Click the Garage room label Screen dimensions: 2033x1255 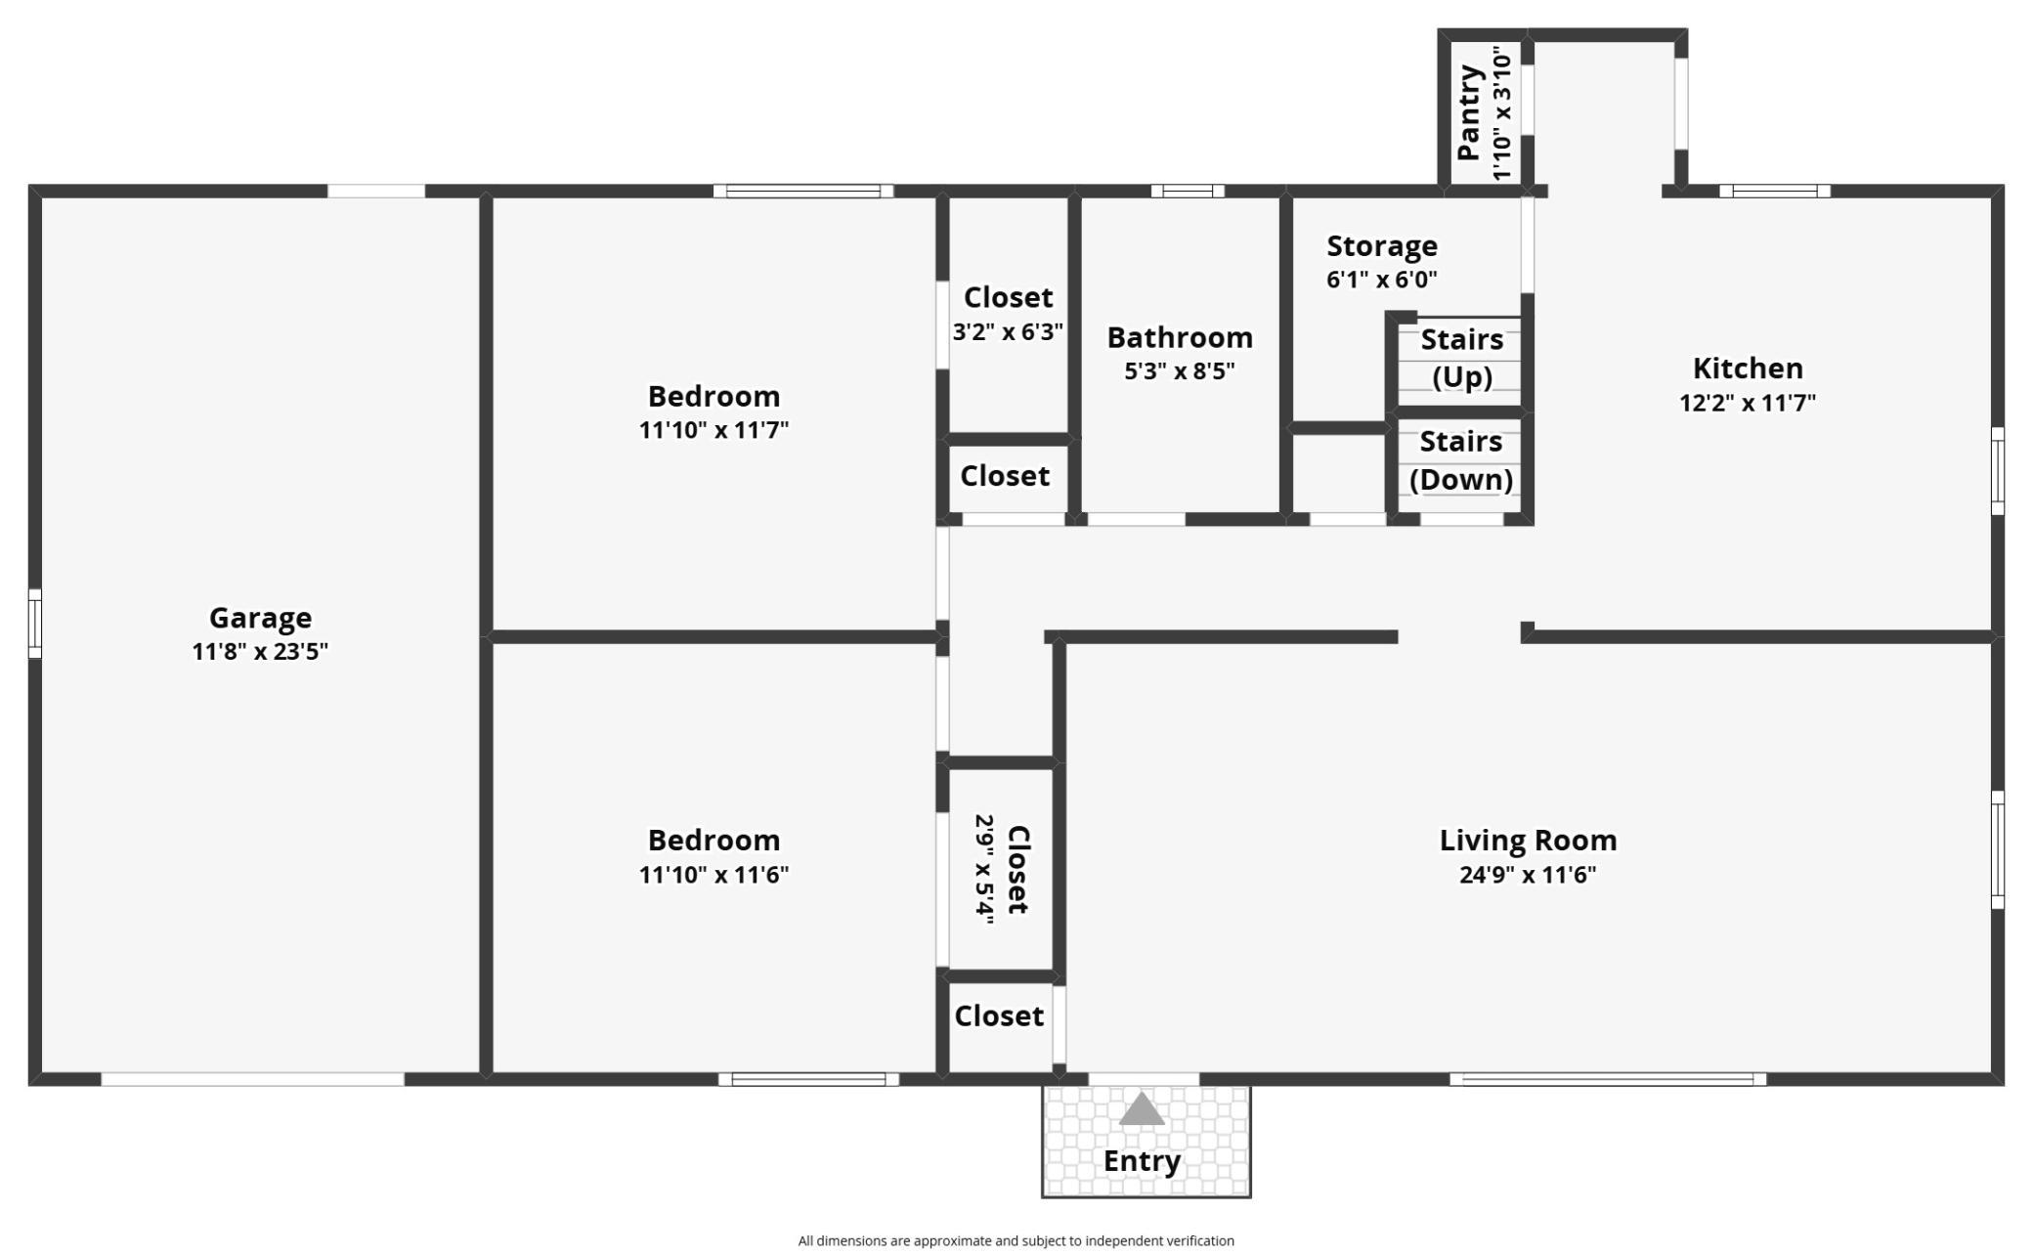[x=260, y=618]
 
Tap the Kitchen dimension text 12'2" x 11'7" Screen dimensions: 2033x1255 [x=1748, y=403]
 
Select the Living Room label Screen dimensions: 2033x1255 [x=1528, y=841]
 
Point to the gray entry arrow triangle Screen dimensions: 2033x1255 [x=1142, y=1108]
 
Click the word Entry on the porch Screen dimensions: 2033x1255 [x=1142, y=1161]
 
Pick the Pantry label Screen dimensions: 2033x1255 [x=1469, y=112]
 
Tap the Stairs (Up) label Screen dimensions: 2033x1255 [x=1462, y=358]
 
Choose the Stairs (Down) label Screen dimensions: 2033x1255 [x=1461, y=460]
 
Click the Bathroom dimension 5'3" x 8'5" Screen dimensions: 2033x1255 [x=1180, y=371]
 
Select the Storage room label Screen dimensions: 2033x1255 [x=1382, y=245]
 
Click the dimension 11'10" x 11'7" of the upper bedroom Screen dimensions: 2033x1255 [x=714, y=430]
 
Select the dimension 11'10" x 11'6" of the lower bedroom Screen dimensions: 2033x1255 [x=714, y=875]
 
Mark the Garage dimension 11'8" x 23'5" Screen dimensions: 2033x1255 [x=260, y=652]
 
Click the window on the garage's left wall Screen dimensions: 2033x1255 [x=35, y=624]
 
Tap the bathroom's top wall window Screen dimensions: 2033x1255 [x=1188, y=192]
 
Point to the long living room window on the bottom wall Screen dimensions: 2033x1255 [x=1608, y=1079]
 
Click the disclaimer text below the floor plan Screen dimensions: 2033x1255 [x=1016, y=1241]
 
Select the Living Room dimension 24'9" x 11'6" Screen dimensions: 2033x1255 [x=1528, y=875]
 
